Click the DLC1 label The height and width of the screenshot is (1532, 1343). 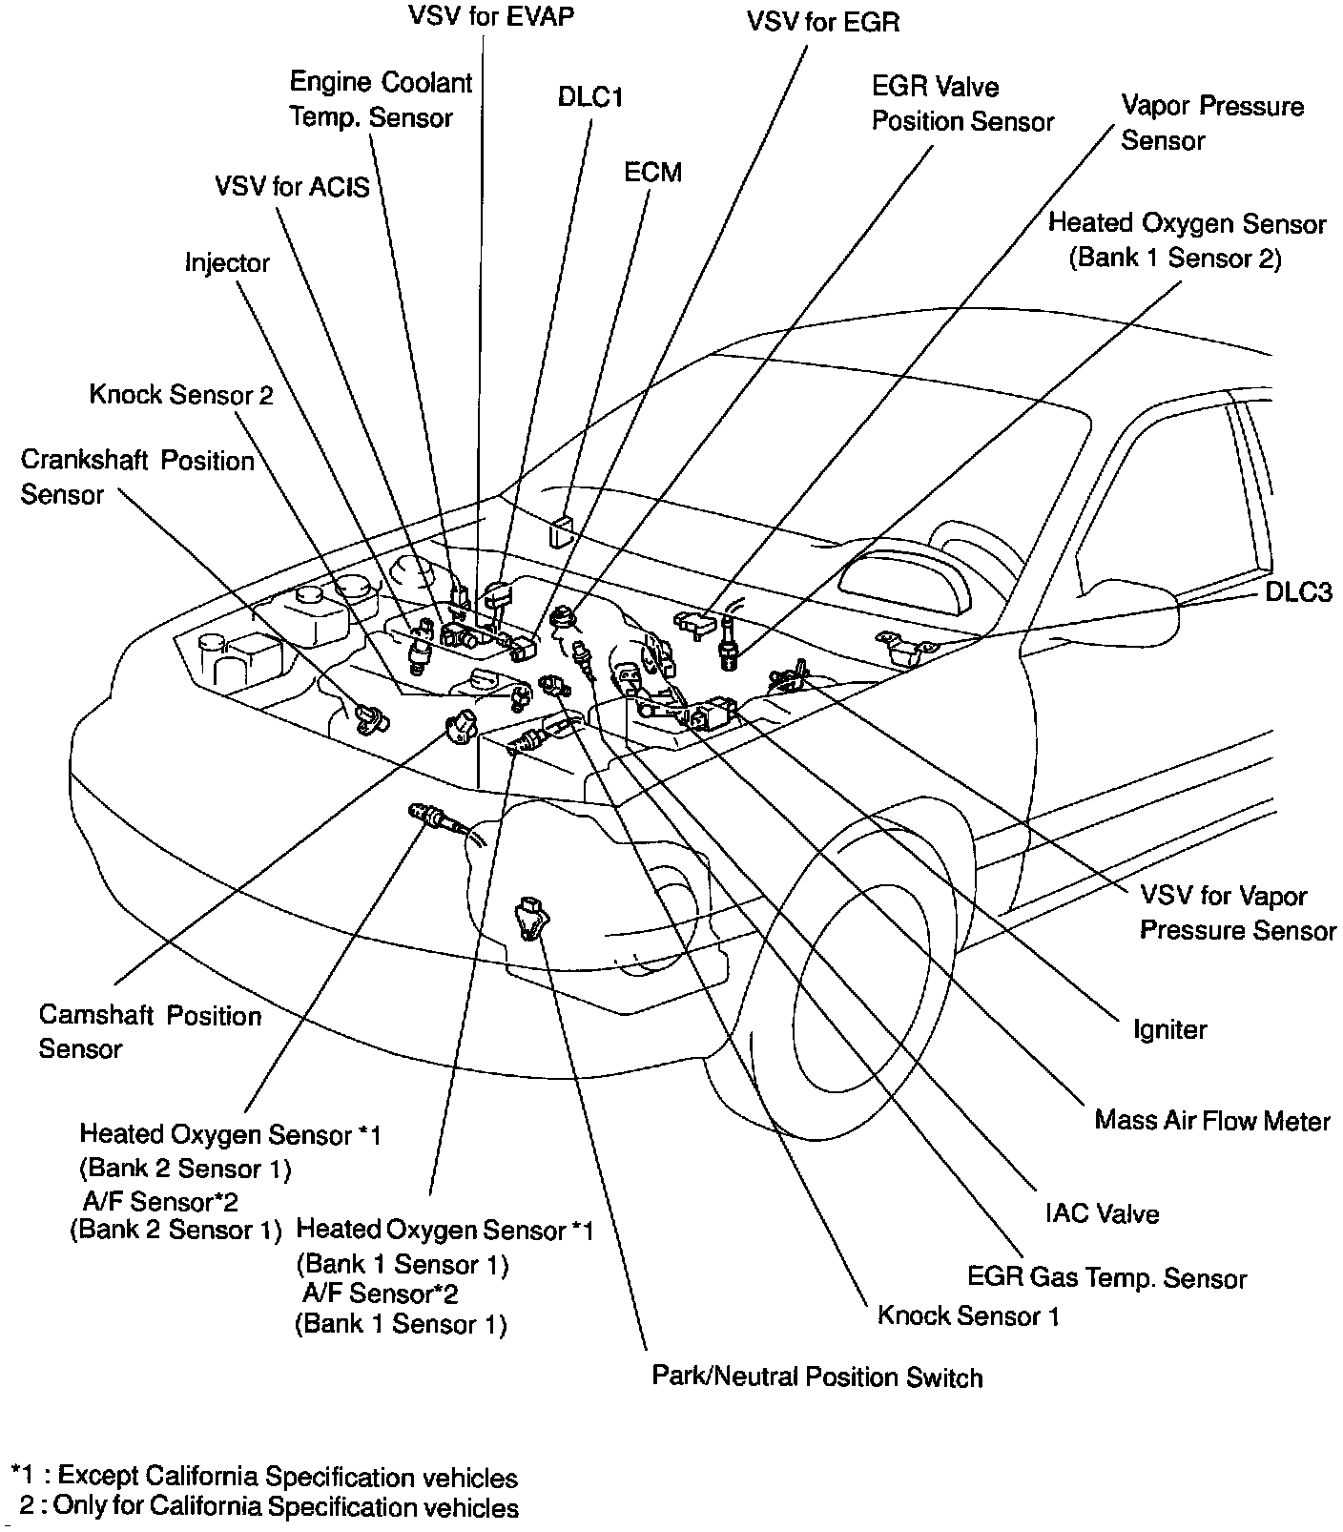[x=589, y=97]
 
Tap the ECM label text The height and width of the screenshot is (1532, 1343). [x=652, y=173]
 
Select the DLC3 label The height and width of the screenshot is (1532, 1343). [x=1298, y=592]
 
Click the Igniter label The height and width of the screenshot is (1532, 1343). [x=1169, y=1029]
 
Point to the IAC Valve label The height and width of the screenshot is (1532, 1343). [x=1102, y=1213]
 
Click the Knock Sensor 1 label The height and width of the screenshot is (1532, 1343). [x=967, y=1315]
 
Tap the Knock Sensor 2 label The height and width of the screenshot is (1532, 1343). [x=181, y=394]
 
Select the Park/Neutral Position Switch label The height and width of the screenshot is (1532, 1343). [x=816, y=1377]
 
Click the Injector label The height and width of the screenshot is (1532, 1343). [x=227, y=262]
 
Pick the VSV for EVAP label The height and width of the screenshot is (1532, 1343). [x=491, y=17]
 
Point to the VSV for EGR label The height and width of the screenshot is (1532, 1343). [x=822, y=21]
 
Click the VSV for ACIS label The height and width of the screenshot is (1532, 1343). [x=292, y=185]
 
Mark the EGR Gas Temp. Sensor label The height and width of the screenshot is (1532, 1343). [x=1106, y=1277]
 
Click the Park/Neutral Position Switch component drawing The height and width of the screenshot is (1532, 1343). [x=529, y=918]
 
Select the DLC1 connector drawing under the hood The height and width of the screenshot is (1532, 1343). [x=560, y=530]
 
